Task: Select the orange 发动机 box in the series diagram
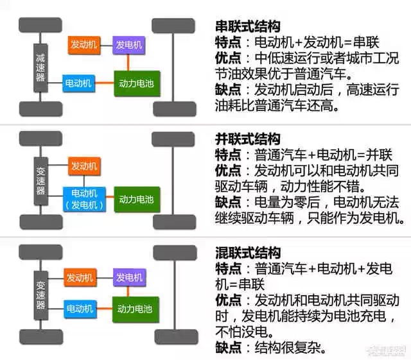tap(84, 45)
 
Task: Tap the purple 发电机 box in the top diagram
tap(129, 45)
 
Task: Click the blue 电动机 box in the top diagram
tap(79, 83)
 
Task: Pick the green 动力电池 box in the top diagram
tap(137, 83)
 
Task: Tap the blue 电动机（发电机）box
tap(85, 199)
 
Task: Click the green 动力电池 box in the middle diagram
tap(137, 199)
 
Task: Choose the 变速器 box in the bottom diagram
tap(40, 294)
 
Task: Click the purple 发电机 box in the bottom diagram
tap(129, 278)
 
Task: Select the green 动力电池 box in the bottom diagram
tap(137, 309)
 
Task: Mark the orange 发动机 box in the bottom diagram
tap(81, 278)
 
